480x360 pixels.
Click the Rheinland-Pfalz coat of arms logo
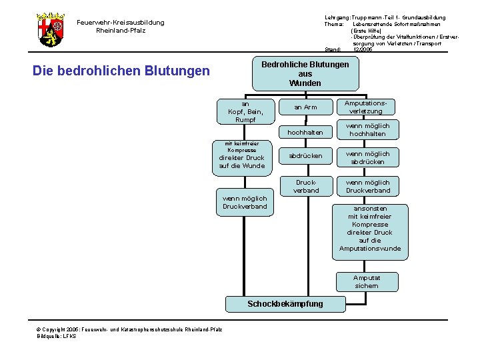click(51, 29)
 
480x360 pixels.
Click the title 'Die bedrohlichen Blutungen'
click(121, 71)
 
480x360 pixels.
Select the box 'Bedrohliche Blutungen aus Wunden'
click(305, 74)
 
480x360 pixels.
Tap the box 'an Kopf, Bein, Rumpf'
click(245, 111)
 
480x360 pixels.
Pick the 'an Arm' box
click(306, 107)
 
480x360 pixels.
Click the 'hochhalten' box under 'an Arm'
click(306, 133)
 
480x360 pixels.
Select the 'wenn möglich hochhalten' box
click(367, 129)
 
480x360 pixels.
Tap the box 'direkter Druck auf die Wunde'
click(241, 157)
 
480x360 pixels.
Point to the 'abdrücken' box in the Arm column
click(306, 156)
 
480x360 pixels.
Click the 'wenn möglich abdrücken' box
click(367, 158)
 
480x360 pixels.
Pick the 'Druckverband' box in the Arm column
click(306, 186)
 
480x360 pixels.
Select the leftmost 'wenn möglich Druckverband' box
click(245, 202)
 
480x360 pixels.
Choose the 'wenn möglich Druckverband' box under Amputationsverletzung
click(367, 186)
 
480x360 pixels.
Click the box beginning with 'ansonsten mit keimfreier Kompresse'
click(370, 229)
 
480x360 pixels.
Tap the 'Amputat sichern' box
click(367, 281)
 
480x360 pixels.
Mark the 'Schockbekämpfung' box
click(285, 304)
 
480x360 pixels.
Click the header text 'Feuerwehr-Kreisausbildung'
click(120, 23)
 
